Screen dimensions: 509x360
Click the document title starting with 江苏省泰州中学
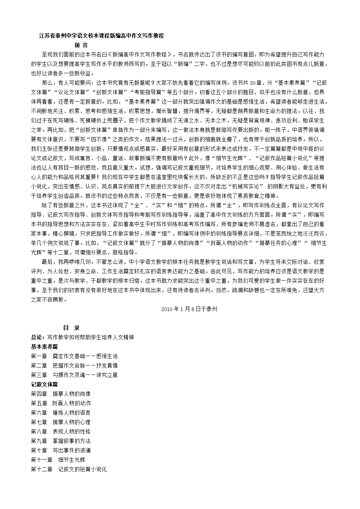102,36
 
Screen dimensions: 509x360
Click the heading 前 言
81,45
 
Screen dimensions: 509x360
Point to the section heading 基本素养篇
44,347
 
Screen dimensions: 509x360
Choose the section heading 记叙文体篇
44,384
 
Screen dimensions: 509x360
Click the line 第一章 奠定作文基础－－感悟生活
74,356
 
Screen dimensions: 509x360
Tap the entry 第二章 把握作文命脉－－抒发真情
74,365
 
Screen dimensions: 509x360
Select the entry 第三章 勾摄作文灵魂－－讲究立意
74,375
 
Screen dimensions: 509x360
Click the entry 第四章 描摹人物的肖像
61,394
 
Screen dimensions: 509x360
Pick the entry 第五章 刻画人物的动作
61,403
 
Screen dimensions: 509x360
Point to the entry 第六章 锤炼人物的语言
61,413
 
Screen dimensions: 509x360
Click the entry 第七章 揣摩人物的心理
61,422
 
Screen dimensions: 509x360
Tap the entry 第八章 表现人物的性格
61,431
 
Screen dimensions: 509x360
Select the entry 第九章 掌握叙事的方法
61,441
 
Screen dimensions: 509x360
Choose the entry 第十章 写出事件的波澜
61,450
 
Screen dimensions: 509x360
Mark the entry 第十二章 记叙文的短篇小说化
69,469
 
